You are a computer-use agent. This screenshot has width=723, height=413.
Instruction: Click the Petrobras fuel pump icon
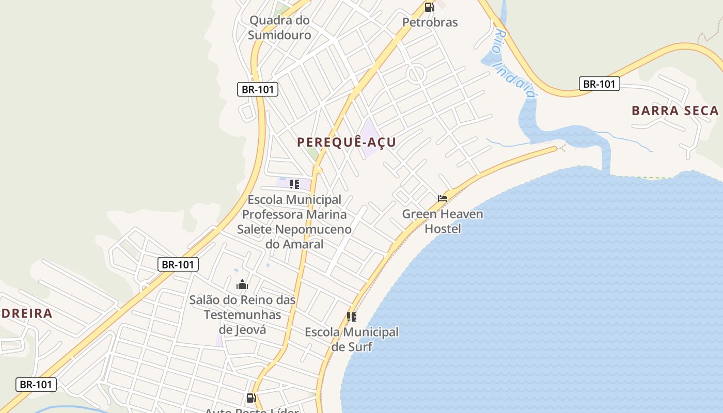[429, 7]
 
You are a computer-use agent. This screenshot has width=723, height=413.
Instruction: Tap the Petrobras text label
[430, 22]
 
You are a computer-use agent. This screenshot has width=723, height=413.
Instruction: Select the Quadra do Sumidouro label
[279, 28]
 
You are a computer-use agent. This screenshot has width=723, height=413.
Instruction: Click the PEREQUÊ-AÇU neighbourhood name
[347, 142]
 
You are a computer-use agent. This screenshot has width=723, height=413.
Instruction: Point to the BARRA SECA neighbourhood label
[675, 110]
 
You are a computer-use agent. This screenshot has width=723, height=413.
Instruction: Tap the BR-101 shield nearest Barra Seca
[599, 84]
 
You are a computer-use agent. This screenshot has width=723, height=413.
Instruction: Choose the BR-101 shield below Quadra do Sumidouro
[258, 89]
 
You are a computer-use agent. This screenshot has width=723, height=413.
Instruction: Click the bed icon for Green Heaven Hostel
[443, 198]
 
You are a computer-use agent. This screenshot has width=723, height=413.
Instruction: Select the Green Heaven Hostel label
[443, 221]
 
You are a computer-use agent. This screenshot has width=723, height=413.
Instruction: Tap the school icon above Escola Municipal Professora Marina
[294, 184]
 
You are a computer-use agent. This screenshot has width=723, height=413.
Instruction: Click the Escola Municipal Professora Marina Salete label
[294, 221]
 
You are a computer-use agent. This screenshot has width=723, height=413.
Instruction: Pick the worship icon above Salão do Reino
[242, 284]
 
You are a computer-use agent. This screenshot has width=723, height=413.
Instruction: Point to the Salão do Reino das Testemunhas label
[242, 314]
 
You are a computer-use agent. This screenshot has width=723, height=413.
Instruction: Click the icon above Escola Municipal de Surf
[352, 317]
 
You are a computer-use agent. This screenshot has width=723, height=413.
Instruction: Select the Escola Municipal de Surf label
[352, 339]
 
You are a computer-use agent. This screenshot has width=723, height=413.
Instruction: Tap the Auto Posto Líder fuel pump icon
[251, 398]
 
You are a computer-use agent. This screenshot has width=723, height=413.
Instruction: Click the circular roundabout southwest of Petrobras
[416, 74]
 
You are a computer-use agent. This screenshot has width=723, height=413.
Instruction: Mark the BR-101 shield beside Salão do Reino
[178, 265]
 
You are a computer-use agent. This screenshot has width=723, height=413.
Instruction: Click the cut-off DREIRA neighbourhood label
[26, 313]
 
